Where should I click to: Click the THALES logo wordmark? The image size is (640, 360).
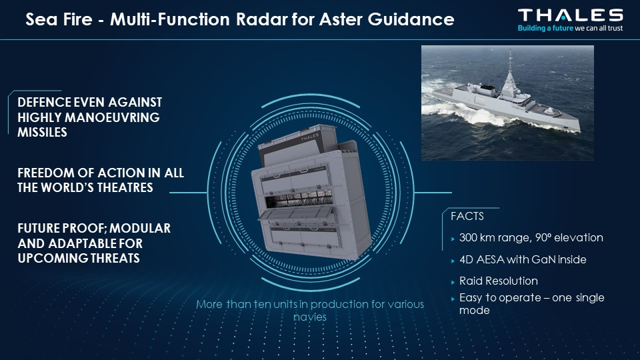(570, 15)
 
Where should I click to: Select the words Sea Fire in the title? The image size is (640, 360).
(59, 19)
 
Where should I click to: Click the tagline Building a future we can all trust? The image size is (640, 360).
(570, 28)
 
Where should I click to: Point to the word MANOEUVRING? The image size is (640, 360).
(112, 117)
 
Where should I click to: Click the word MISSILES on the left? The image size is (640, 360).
(42, 132)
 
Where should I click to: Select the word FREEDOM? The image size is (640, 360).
(46, 173)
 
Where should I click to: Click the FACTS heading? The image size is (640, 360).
(467, 216)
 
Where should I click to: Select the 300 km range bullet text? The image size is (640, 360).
(531, 237)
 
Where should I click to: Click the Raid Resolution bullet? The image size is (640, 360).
(499, 281)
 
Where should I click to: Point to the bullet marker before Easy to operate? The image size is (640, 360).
(453, 299)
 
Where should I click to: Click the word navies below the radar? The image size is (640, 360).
(310, 317)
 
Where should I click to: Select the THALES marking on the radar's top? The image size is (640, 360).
(310, 137)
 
